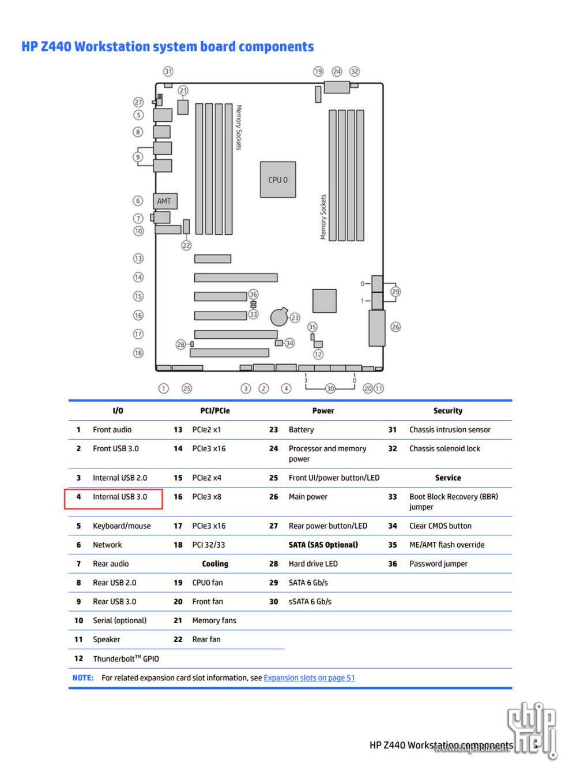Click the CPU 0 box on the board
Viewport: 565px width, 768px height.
click(x=278, y=180)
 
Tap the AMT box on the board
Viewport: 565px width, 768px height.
click(x=164, y=201)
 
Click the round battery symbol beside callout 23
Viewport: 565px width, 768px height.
click(x=279, y=316)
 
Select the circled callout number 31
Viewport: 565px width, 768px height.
click(x=168, y=72)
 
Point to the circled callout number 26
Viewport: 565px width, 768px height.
click(x=395, y=327)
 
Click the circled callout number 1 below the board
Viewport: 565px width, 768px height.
click(x=164, y=388)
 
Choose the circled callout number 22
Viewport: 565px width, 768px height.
click(x=186, y=245)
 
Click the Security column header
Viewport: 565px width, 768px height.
click(x=448, y=411)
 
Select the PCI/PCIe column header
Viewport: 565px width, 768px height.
click(x=215, y=411)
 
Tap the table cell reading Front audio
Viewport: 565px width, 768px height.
click(x=112, y=430)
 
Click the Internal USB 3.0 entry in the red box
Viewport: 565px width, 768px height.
click(x=120, y=497)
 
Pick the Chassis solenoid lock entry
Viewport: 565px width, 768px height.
click(x=445, y=449)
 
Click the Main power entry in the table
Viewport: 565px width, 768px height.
click(x=308, y=497)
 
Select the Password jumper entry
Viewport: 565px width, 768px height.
click(x=438, y=564)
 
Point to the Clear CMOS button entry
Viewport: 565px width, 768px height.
click(x=440, y=526)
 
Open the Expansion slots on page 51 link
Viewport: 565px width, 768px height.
click(x=309, y=678)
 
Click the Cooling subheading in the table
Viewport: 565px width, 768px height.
click(x=215, y=564)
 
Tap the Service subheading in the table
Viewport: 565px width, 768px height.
click(x=448, y=478)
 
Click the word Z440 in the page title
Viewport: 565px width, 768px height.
click(x=56, y=47)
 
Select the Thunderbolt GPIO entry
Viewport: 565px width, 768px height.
click(x=126, y=659)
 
